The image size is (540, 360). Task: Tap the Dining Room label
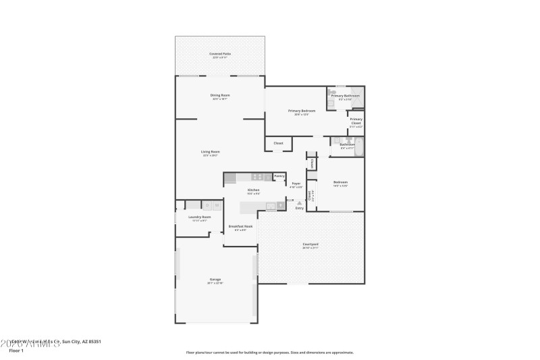coord(220,95)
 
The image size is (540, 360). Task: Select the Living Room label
coord(210,152)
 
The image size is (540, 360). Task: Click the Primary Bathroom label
coord(345,96)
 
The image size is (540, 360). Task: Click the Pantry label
coord(279,176)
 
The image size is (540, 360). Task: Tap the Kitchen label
coord(253,190)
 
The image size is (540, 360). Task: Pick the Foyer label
coord(296,184)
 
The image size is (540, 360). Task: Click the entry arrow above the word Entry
coord(299,202)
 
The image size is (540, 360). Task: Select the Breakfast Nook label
coord(240,226)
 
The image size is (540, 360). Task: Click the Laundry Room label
coord(200,217)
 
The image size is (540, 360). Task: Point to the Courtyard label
coord(310,244)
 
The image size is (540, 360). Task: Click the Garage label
coord(215,280)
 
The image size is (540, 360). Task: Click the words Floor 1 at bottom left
coord(16,351)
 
